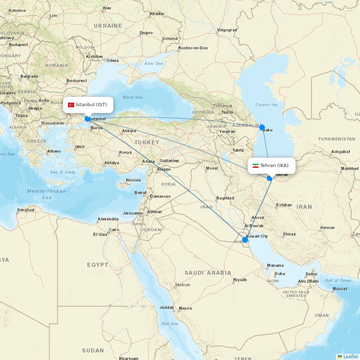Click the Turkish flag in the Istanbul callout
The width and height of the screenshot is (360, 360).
click(x=71, y=105)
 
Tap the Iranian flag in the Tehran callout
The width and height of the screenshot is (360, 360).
click(x=256, y=166)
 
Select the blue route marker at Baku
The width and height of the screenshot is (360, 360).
click(x=262, y=127)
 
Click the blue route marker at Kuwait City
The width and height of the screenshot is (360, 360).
click(x=245, y=240)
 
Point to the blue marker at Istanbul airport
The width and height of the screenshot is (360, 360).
click(x=87, y=119)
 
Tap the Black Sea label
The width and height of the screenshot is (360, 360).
click(x=132, y=97)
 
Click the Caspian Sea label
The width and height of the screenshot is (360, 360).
click(x=266, y=105)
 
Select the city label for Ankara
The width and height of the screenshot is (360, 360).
click(x=129, y=131)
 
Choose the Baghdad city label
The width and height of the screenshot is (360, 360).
click(x=225, y=198)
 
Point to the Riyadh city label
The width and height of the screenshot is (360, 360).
click(x=240, y=280)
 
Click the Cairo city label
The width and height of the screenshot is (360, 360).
click(x=114, y=230)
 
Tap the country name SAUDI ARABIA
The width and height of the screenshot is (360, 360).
click(x=208, y=273)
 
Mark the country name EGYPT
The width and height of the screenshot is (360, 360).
click(x=97, y=265)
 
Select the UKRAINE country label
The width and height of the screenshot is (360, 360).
click(x=108, y=26)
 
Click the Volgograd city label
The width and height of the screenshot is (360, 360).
click(x=227, y=30)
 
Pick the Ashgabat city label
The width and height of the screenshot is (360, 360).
click(x=340, y=152)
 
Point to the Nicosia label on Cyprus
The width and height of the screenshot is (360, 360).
click(x=133, y=180)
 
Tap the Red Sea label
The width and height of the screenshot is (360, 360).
click(x=170, y=324)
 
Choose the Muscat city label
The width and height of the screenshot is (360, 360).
click(x=340, y=289)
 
